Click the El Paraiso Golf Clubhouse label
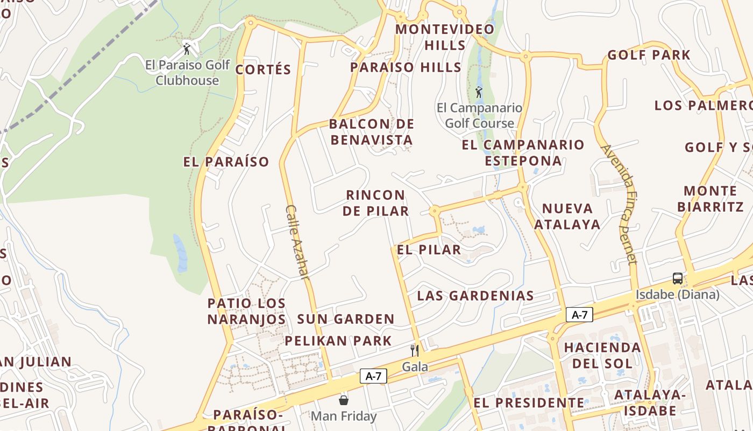tap(187, 73)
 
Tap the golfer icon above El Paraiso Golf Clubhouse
tap(187, 50)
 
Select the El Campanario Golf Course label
tap(479, 115)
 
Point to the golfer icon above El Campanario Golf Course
tap(479, 93)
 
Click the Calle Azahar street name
tap(297, 241)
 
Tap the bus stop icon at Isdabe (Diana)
tap(678, 279)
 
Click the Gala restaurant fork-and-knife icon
tap(415, 351)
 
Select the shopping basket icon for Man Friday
tap(344, 400)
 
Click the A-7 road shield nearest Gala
tap(373, 376)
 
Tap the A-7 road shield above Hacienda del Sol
tap(579, 315)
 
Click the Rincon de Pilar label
tap(375, 203)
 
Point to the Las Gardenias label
tap(475, 295)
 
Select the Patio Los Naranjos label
tap(246, 311)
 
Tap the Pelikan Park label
tap(338, 340)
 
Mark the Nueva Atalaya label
tap(567, 216)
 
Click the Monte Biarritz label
tap(710, 198)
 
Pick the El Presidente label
tap(529, 402)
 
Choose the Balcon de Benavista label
tap(372, 132)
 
